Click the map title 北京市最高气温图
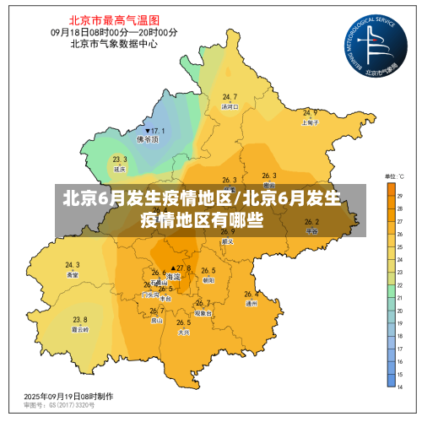coord(114,18)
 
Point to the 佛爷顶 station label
coord(153,141)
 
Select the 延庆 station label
coord(119,169)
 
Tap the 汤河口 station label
coord(230,107)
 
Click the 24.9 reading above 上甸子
coord(311,112)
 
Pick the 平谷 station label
coord(311,230)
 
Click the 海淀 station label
coord(174,277)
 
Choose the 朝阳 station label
coord(208,279)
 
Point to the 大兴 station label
coord(183,332)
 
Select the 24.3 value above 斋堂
coord(73,265)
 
